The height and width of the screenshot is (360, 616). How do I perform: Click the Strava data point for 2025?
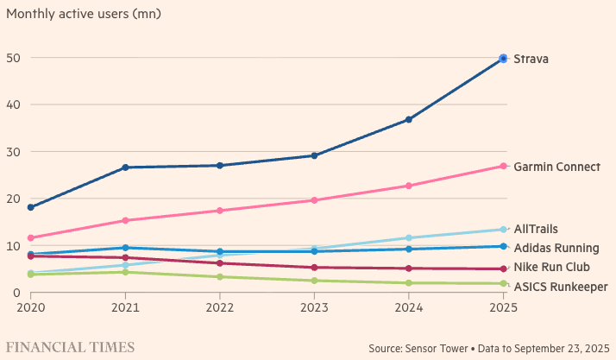503,59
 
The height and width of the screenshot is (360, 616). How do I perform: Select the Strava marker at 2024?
409,119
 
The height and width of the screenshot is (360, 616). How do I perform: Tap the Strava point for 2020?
31,207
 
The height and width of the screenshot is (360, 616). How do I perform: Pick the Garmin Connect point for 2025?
503,166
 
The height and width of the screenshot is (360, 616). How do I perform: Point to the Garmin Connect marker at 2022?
220,211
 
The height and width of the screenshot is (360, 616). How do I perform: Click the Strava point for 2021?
125,167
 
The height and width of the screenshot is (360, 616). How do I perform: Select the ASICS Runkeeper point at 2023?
314,281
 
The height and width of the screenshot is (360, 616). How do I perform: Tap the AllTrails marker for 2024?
409,237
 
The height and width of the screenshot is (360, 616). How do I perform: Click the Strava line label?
531,59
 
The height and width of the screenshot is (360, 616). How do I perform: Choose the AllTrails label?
536,229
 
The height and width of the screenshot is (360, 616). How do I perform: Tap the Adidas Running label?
556,248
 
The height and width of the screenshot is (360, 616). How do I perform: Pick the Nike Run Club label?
551,267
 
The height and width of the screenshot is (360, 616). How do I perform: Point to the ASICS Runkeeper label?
560,287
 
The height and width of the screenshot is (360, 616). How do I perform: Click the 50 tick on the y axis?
14,58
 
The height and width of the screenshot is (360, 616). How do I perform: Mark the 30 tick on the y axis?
14,152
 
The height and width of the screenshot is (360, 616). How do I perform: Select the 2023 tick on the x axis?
314,306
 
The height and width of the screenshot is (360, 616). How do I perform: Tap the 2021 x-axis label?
125,306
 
